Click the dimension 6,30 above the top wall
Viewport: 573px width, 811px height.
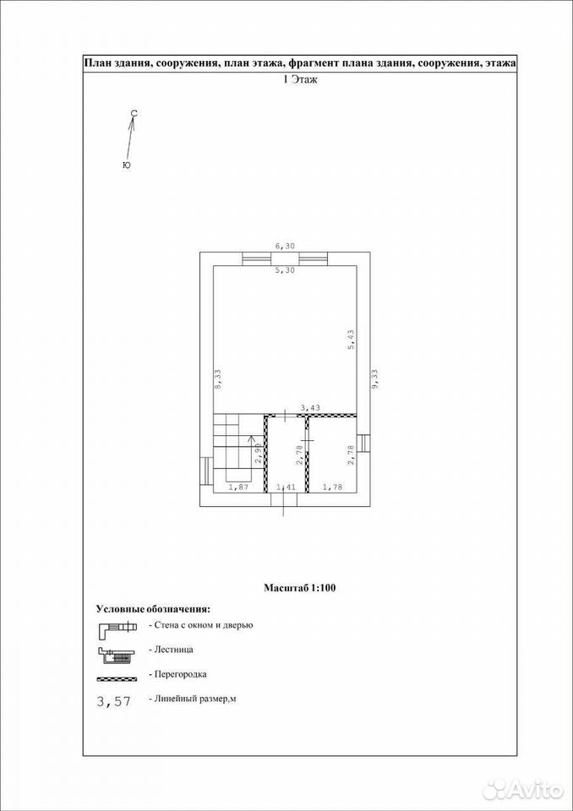coord(285,247)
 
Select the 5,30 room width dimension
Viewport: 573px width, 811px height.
coord(285,270)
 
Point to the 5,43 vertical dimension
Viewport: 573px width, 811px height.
coord(351,340)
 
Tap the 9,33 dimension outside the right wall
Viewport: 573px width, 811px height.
coord(376,378)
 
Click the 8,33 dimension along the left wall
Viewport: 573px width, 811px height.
coord(218,378)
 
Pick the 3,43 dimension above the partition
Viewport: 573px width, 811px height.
coord(310,407)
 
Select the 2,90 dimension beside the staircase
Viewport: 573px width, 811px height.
coord(257,454)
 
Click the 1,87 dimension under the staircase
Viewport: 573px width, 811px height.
coord(238,487)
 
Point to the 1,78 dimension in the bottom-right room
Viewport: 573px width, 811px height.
coord(332,487)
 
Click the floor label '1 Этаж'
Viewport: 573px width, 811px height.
coord(299,79)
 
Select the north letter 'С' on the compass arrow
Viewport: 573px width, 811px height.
coord(134,112)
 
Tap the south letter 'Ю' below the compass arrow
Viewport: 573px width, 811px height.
coord(126,166)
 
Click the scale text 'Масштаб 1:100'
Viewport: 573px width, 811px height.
coord(300,588)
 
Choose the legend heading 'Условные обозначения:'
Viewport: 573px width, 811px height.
coord(154,607)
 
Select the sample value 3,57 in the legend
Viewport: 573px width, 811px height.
coord(114,701)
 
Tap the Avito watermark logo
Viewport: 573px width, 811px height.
coord(522,776)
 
